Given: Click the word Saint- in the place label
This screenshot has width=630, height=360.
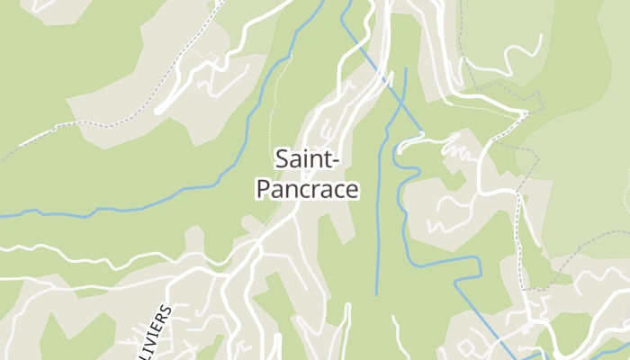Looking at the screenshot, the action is click(x=307, y=160).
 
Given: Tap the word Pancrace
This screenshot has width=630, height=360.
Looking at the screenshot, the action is click(x=308, y=190).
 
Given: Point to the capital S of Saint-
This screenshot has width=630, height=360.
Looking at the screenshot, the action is click(x=281, y=160).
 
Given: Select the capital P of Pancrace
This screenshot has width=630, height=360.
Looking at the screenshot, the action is click(x=263, y=190).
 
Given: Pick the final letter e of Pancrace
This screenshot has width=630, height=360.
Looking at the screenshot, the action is click(x=353, y=191).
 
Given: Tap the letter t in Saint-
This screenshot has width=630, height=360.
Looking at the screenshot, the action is click(x=328, y=160).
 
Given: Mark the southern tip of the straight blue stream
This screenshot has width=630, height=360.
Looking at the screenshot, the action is click(x=376, y=294).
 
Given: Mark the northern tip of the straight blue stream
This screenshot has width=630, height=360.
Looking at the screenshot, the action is click(x=405, y=69).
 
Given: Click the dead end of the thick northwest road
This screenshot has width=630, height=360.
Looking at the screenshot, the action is click(x=157, y=112).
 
